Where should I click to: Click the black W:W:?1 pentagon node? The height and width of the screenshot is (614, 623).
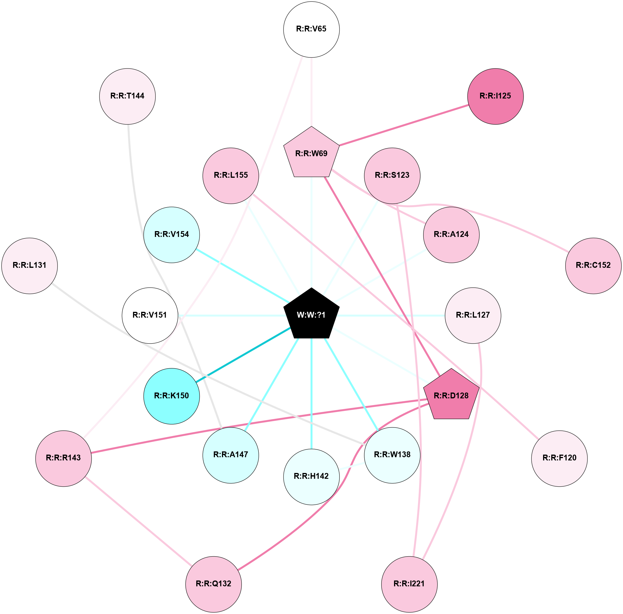pos(311,315)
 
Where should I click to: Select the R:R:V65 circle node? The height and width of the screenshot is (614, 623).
pos(311,29)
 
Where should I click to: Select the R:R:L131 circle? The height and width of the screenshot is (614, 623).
pos(30,265)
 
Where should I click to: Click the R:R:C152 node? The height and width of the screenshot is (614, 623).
pos(593,265)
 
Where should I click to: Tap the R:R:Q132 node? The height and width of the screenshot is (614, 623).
pos(213,583)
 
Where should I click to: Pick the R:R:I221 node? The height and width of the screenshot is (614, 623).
pos(409,583)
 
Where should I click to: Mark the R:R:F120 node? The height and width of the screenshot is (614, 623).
pos(559,458)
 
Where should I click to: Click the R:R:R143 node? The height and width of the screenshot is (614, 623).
pos(64,458)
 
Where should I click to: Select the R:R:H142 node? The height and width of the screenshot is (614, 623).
pos(311,476)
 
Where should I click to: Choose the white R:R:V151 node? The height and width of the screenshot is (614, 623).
pos(150,315)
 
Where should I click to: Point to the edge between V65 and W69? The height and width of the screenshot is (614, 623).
pos(311,92)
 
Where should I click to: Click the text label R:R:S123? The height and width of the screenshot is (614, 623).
pos(392,175)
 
